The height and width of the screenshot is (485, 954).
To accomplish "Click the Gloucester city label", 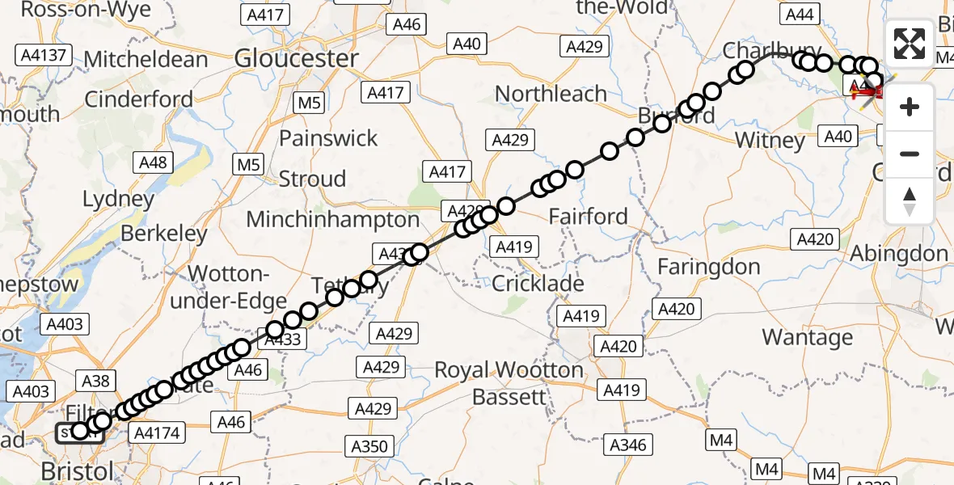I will coord(296,58).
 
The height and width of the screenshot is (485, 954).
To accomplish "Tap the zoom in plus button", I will coord(910,107).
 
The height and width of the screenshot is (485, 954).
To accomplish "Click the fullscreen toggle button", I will coord(910,44).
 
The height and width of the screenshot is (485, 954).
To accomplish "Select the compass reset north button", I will coord(910,200).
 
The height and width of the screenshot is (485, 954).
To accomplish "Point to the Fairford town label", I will coord(588,216).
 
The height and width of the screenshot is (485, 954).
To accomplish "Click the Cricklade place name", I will coord(538,284).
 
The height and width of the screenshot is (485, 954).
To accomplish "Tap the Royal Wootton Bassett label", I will coord(509,383).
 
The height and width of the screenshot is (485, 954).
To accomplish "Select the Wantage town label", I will coord(807,337).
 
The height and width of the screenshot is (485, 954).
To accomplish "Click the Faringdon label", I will coord(708,267).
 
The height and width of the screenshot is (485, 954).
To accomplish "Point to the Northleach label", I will coord(551,94).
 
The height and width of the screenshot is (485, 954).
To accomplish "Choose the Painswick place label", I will coord(328,138).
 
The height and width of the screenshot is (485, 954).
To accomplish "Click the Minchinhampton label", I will coord(332,219).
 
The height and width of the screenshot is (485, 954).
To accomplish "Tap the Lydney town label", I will coord(118,199).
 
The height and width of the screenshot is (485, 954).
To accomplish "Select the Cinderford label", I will coord(138,99).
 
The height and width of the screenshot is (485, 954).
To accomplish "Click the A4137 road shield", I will coord(44,56).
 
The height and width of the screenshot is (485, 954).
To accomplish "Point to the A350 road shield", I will coord(368,446).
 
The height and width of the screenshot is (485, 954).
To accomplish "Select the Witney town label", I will coord(770,141).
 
